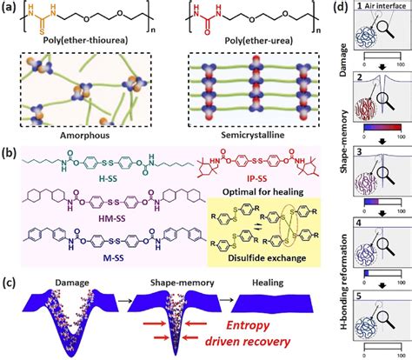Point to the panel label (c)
11,281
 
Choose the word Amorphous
90,136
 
